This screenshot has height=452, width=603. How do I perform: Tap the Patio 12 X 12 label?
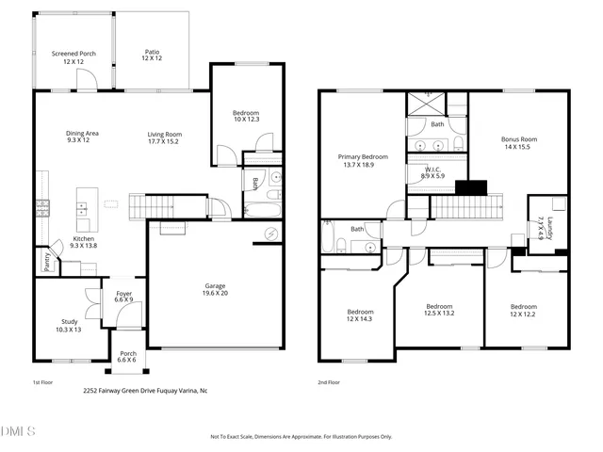tap(152, 55)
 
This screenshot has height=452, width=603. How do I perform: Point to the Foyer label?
tap(124, 297)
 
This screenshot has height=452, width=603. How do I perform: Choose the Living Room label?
tap(165, 137)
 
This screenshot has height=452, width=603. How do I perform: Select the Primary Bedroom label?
tap(363, 160)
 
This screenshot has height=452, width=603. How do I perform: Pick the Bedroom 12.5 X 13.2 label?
tap(440, 310)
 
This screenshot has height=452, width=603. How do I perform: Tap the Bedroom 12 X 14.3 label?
tap(360, 315)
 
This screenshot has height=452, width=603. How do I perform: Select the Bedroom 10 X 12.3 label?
tap(246, 116)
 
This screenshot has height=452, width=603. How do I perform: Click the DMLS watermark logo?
tap(18, 432)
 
